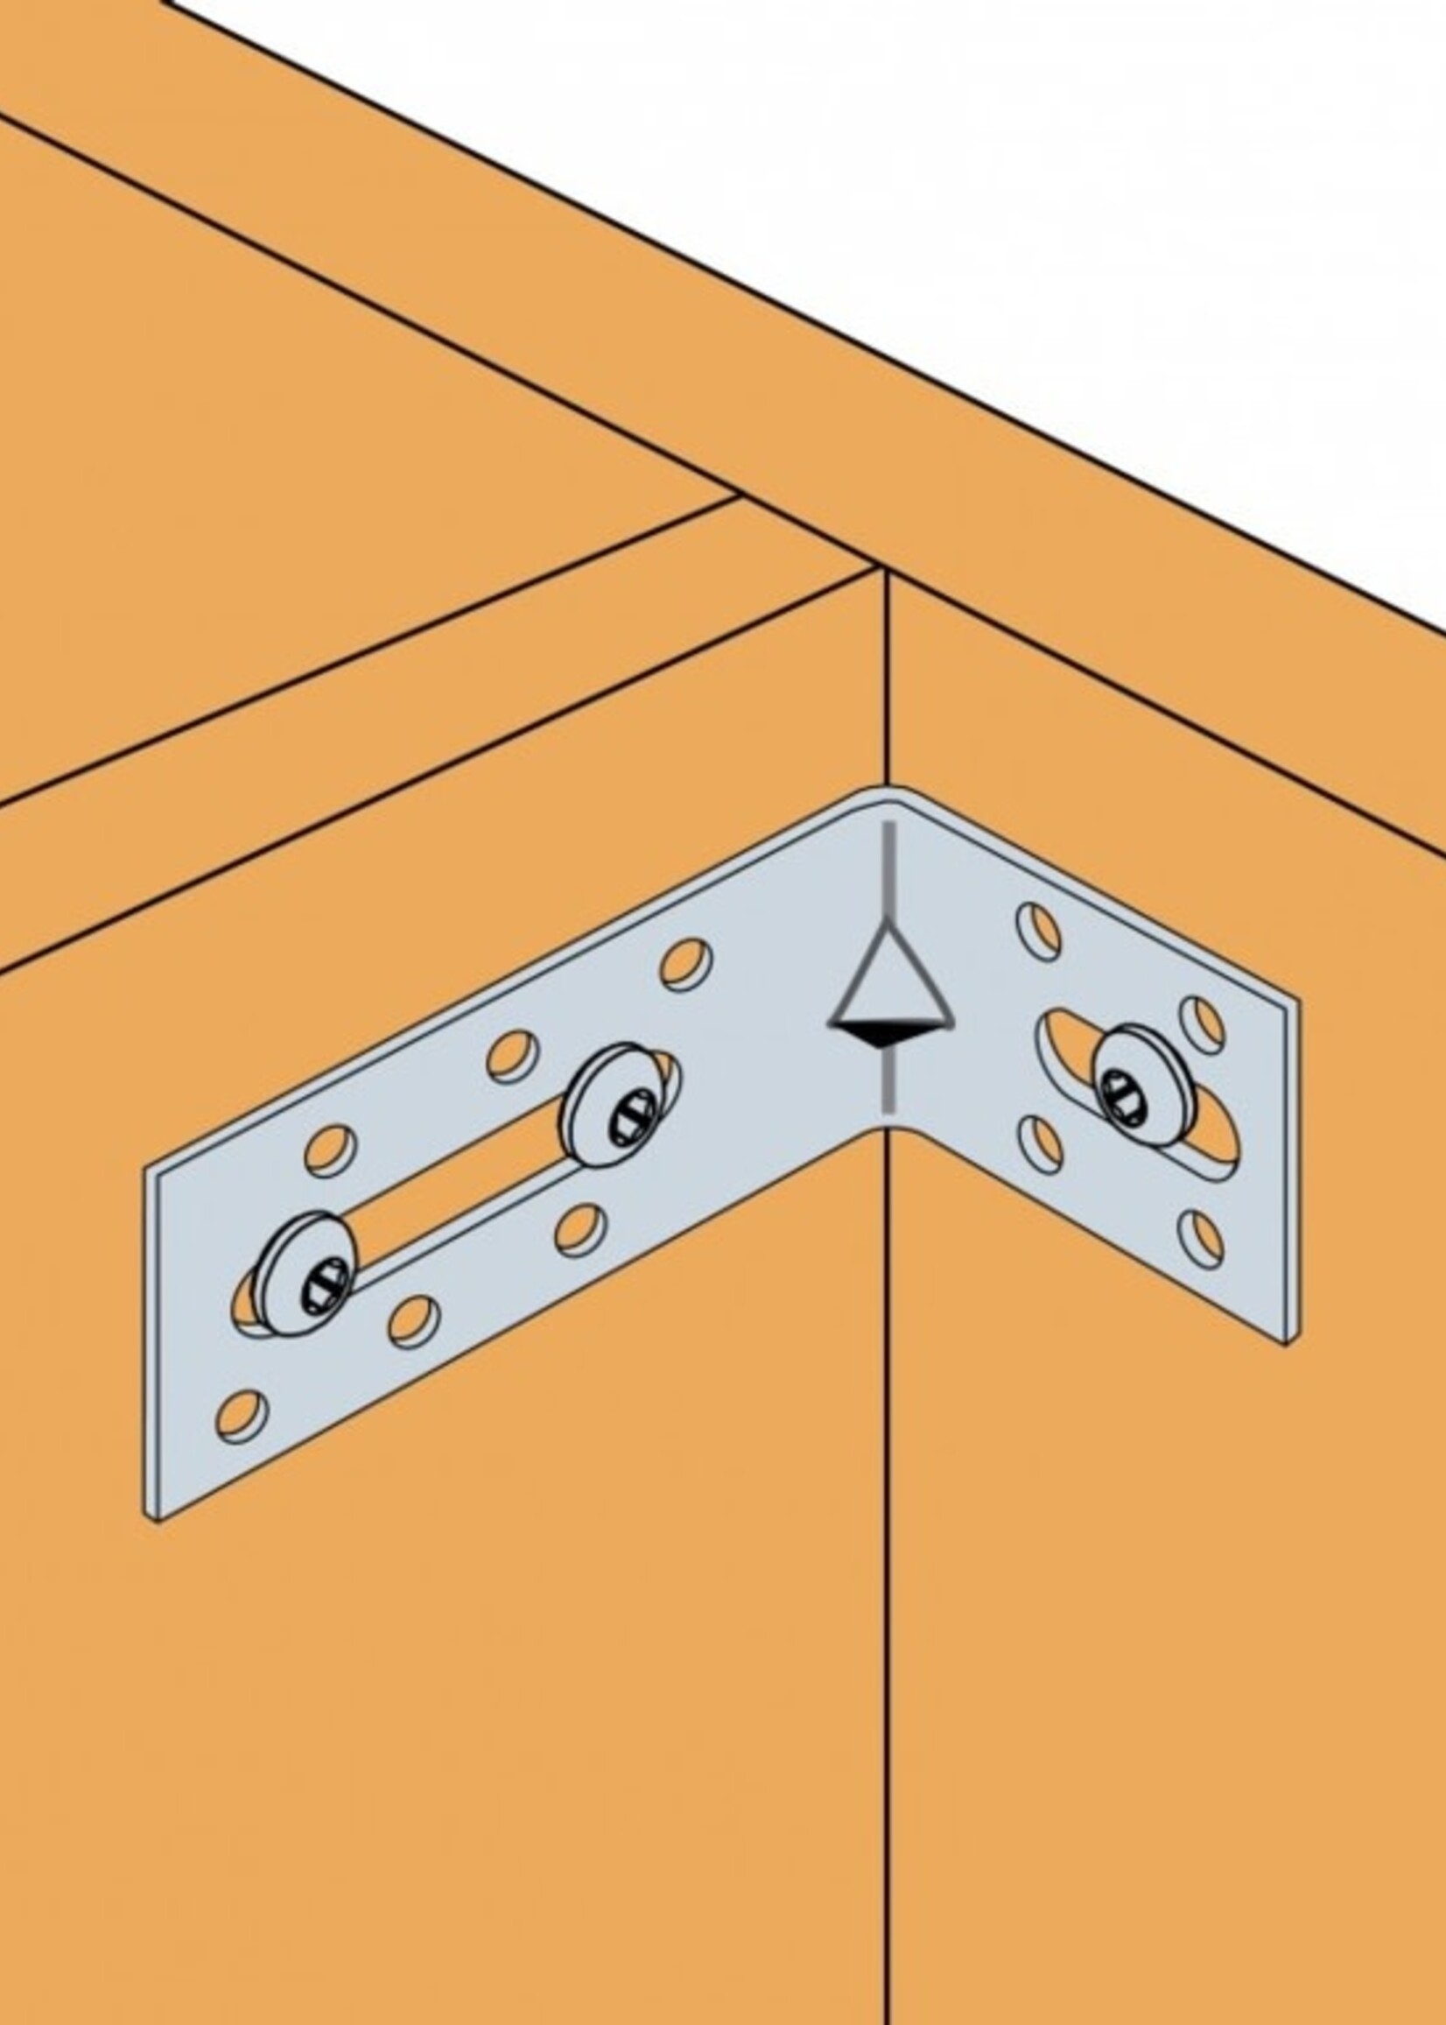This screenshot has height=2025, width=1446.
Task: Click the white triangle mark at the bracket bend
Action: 888,983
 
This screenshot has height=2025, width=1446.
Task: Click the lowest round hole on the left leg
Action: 242,1416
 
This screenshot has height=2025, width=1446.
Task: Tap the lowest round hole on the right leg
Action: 1200,1238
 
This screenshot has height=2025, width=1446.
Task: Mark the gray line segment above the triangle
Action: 888,868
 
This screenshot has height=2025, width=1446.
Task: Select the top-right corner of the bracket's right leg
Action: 1295,999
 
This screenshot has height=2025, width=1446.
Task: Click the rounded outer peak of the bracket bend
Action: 887,791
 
